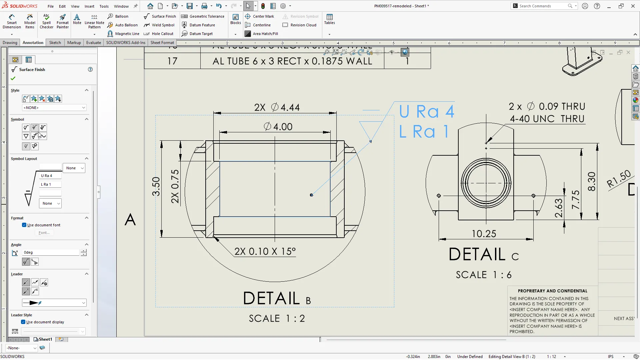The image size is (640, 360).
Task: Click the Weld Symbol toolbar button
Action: [159, 25]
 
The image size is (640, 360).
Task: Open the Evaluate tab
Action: [93, 43]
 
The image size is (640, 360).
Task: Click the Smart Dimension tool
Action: [12, 21]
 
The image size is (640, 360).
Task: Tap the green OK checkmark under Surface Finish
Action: [13, 78]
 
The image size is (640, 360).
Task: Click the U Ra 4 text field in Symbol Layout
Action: [50, 176]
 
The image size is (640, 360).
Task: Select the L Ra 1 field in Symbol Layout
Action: [50, 184]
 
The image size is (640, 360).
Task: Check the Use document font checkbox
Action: [24, 225]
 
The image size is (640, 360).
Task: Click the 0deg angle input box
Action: [51, 252]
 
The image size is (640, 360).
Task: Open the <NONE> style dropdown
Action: [54, 108]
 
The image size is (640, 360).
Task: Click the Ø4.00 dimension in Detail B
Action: [278, 127]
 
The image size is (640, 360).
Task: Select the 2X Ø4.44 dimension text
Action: [277, 107]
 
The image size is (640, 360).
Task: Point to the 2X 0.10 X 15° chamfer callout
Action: [265, 251]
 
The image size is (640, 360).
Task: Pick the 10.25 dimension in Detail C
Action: [484, 234]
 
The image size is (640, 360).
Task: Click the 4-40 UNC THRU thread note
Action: [547, 119]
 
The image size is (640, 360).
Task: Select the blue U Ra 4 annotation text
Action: [427, 112]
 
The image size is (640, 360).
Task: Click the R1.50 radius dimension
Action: [619, 179]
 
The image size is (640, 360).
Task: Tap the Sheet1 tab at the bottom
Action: [43, 339]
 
